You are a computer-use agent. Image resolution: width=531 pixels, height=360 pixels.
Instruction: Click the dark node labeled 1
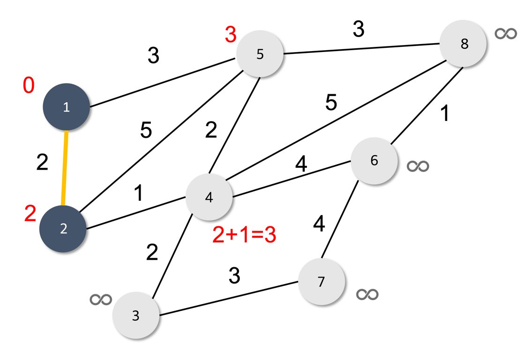[x=66, y=107]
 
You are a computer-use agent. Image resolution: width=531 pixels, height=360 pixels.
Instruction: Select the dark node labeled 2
[x=63, y=229]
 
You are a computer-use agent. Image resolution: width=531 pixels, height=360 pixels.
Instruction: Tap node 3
[x=136, y=315]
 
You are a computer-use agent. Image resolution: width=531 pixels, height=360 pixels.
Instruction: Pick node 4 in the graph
[x=209, y=197]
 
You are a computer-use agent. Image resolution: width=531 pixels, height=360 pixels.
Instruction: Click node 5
[x=260, y=54]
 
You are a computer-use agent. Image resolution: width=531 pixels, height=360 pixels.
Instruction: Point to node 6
[x=374, y=160]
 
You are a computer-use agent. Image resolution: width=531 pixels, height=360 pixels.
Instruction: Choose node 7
[x=321, y=282]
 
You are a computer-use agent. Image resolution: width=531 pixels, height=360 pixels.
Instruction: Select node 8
[x=464, y=44]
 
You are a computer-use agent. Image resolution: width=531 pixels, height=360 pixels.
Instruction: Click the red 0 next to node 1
[x=29, y=86]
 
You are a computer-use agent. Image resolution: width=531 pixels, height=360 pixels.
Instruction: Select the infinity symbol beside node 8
[x=506, y=33]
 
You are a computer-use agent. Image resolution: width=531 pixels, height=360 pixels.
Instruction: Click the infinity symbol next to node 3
[x=101, y=299]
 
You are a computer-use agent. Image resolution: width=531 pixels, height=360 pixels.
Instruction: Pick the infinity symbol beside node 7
[x=367, y=294]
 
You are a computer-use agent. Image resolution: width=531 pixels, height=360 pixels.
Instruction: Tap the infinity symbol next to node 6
[x=418, y=166]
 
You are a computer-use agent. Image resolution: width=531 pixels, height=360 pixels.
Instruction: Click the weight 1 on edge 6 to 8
[x=445, y=114]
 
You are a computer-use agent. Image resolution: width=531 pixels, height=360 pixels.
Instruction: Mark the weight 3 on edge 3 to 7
[x=234, y=276]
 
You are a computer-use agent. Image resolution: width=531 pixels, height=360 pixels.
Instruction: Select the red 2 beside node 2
[x=30, y=215]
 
